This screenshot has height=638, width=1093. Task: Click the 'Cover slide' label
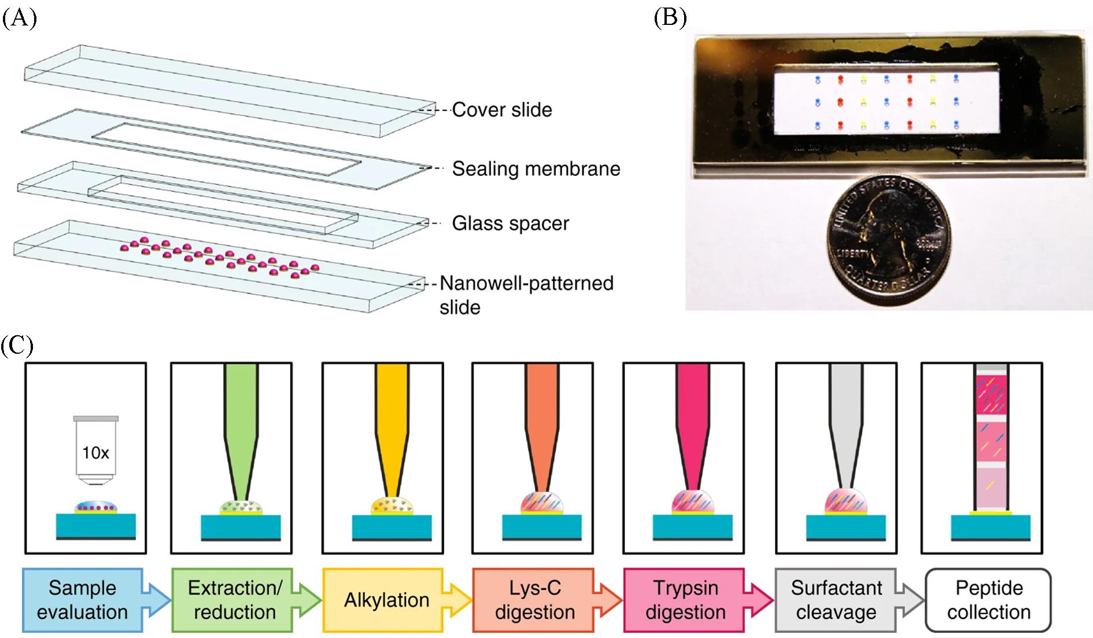(x=501, y=109)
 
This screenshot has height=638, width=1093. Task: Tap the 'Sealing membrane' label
(x=536, y=168)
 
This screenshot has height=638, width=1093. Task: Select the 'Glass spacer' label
(x=510, y=223)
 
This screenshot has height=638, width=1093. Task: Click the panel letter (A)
(x=19, y=19)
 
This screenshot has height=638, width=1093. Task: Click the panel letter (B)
(x=670, y=19)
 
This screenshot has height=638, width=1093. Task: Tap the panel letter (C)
(x=17, y=346)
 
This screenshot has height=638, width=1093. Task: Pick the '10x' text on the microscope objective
(x=95, y=452)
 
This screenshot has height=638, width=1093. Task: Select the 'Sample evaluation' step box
(x=82, y=600)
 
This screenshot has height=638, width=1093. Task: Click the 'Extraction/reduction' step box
(x=234, y=600)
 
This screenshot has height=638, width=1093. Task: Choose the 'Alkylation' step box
(x=386, y=600)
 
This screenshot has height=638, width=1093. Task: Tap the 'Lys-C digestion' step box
(x=535, y=600)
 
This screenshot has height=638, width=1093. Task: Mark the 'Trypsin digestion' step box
(x=685, y=600)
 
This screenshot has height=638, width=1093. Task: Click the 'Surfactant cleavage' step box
(x=836, y=600)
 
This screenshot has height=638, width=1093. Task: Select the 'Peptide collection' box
(x=988, y=600)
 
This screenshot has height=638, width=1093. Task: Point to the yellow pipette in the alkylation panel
(x=392, y=428)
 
